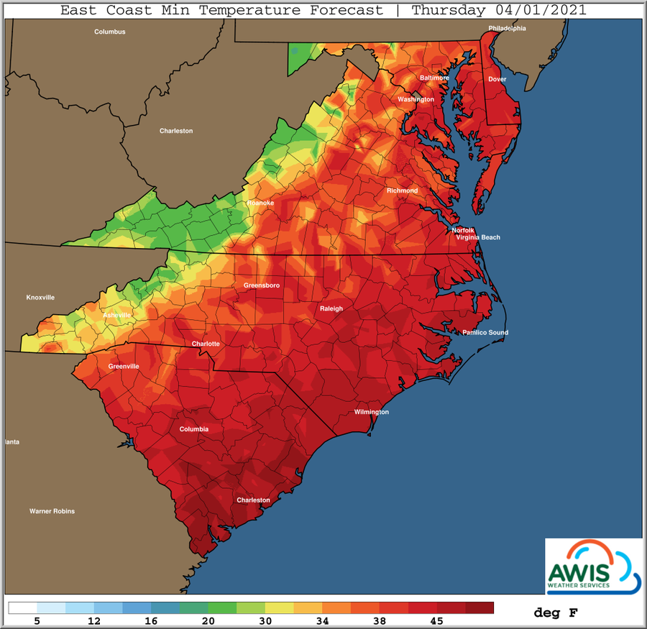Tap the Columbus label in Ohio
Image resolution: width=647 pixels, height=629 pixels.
110,32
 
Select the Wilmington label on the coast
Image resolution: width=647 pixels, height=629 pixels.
371,412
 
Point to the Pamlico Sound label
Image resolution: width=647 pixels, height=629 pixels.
485,333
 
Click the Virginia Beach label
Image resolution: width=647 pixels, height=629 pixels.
477,237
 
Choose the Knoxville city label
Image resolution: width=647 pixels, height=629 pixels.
40,298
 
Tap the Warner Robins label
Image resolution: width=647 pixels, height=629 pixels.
52,511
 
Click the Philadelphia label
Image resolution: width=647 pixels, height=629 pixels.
507,28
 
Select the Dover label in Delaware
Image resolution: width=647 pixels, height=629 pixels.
497,79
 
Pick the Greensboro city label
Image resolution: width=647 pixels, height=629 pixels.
262,285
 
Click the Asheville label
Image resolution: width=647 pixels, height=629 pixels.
117,316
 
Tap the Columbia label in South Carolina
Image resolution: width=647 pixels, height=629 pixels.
194,429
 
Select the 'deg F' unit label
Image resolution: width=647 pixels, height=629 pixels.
555,613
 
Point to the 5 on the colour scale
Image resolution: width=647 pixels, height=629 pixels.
36,620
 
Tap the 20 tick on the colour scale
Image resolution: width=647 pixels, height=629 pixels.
208,620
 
